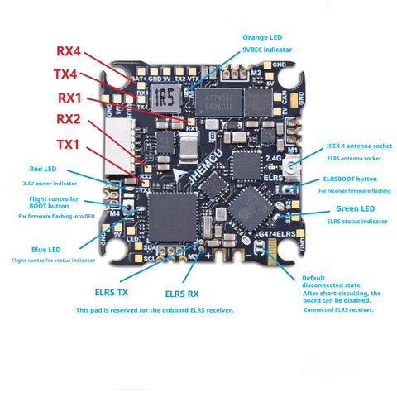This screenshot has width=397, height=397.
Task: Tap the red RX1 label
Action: (x=69, y=98)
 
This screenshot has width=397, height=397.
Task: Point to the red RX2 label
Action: (x=69, y=120)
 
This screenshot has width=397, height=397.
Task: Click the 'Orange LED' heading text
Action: (x=262, y=38)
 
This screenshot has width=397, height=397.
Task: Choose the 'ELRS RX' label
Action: (x=182, y=293)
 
